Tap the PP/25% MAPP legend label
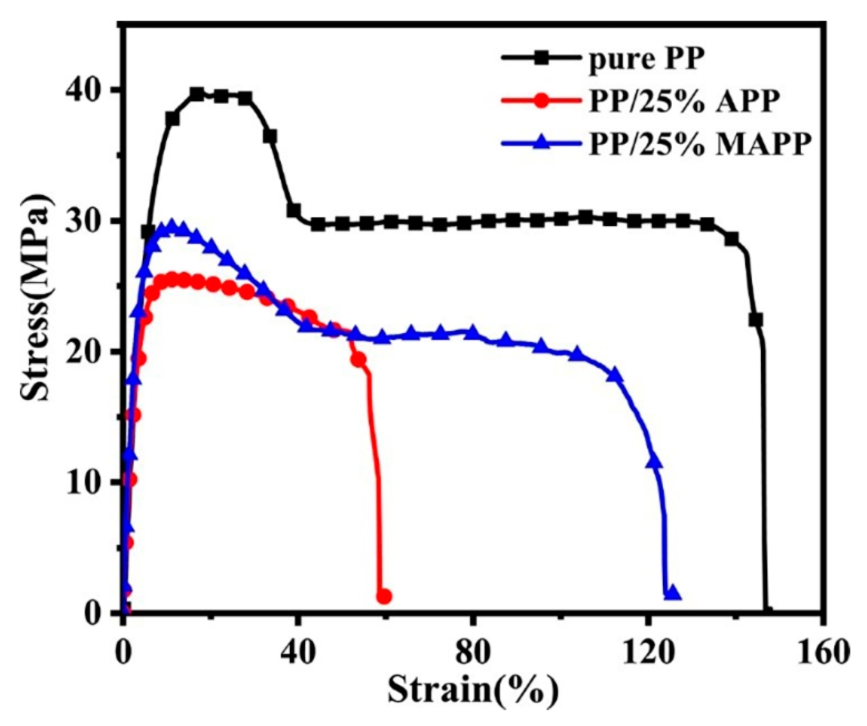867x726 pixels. [697, 145]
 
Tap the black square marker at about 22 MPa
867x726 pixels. [755, 320]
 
